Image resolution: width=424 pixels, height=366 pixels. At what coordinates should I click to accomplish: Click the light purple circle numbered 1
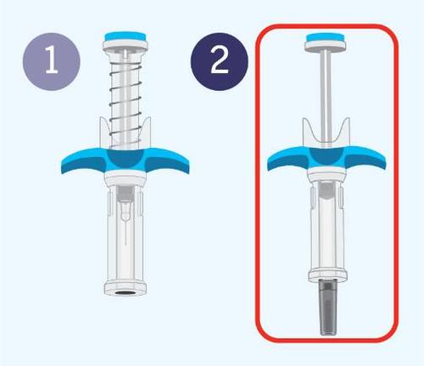click(x=52, y=61)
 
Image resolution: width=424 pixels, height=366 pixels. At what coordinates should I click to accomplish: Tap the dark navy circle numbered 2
click(x=220, y=61)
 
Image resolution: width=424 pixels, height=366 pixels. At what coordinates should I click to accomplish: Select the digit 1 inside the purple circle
click(x=52, y=60)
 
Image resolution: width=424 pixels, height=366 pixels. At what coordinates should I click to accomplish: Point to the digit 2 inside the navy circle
click(x=220, y=60)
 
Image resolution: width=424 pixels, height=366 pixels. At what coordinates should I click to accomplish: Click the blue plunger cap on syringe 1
click(x=126, y=37)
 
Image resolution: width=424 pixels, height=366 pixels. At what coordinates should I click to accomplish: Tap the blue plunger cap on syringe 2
click(x=326, y=37)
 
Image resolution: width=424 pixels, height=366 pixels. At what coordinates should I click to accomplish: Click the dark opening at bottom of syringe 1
click(x=126, y=292)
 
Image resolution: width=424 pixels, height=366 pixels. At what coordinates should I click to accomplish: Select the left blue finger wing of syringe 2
click(x=289, y=160)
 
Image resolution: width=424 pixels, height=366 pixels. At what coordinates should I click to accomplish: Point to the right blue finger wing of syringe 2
click(x=365, y=160)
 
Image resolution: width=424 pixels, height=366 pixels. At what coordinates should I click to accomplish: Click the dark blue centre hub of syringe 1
click(x=126, y=159)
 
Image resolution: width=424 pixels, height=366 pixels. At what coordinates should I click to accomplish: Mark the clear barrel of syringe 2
click(x=327, y=227)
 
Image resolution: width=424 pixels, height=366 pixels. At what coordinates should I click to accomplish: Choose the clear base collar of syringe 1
click(x=126, y=287)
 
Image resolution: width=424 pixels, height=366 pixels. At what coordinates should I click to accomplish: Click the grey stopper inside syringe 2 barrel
click(x=326, y=190)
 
